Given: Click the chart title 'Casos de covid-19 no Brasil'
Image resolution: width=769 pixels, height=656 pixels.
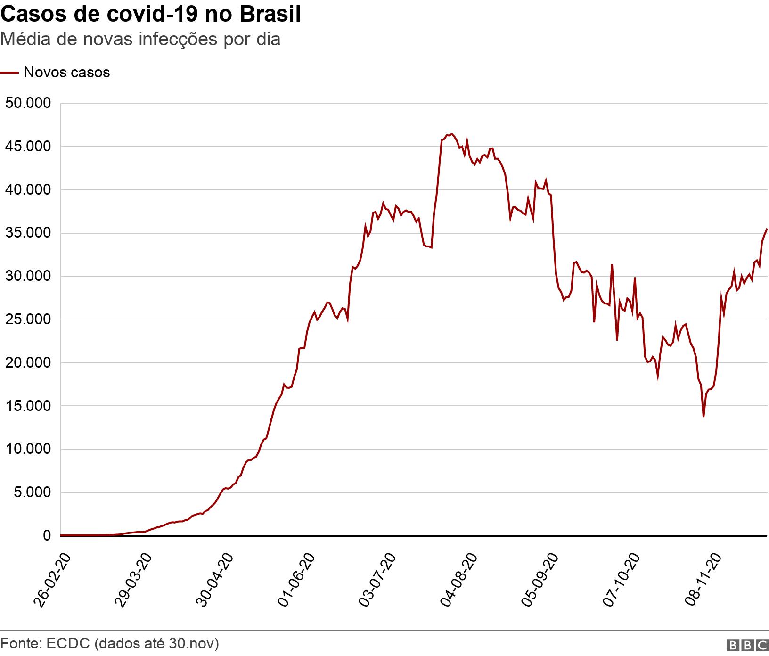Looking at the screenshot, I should tap(151, 15).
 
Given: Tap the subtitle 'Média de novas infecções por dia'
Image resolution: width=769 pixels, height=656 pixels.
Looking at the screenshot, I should tap(140, 39).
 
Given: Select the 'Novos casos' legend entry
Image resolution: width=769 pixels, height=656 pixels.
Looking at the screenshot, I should tap(66, 73).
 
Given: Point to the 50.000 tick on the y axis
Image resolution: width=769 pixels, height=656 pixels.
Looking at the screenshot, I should tap(28, 103).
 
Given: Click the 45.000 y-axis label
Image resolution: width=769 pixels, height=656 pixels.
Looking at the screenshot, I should tap(28, 147).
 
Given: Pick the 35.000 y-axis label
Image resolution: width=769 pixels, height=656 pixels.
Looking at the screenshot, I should tap(28, 233).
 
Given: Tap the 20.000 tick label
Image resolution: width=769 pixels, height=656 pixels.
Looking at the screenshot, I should tap(28, 363).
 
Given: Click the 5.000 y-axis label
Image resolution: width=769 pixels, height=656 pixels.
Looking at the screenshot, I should tap(31, 492).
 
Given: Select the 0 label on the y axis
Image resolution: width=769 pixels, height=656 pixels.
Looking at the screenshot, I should tap(46, 536).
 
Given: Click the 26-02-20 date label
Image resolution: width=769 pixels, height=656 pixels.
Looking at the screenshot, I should tap(53, 580).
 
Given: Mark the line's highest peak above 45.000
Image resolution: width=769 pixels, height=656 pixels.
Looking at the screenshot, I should tap(451, 134).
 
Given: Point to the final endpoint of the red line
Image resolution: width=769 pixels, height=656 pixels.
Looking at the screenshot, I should tap(767, 229).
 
